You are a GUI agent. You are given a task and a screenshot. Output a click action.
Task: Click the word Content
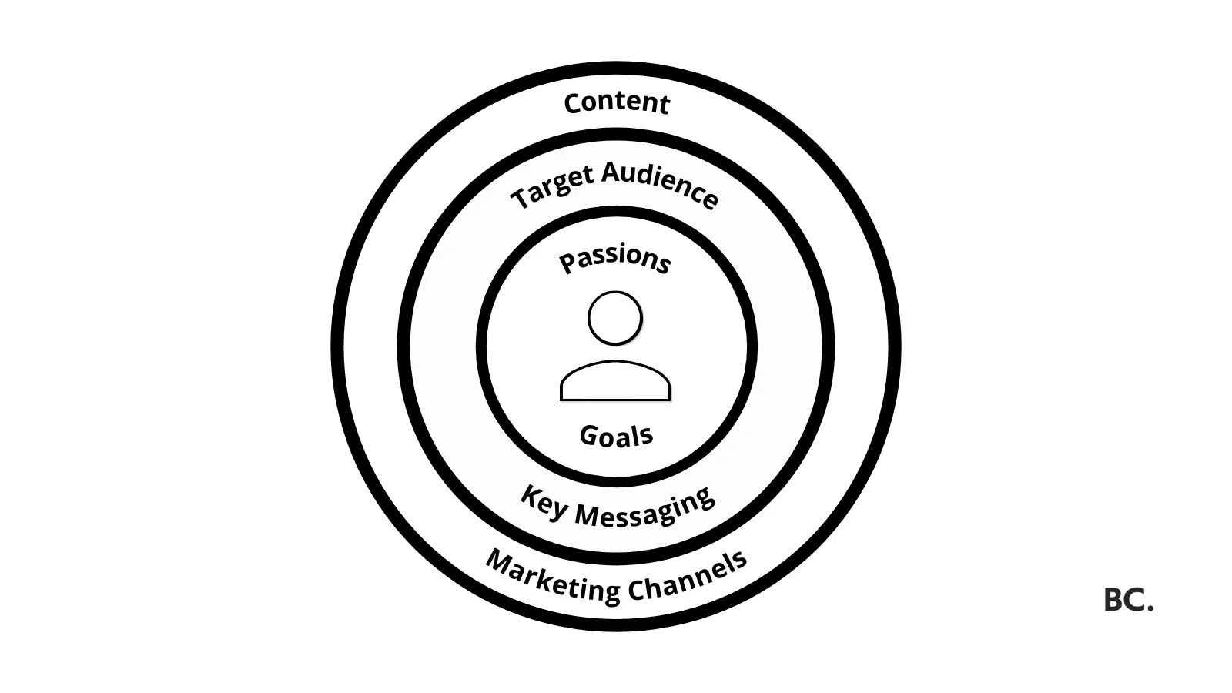tap(617, 103)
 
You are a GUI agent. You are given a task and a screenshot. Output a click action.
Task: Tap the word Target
tap(554, 188)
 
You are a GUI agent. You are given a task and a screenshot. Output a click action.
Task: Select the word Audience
tap(660, 185)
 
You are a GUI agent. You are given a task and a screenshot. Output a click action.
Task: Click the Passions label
tap(615, 259)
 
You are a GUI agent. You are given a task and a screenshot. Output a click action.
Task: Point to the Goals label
tap(617, 436)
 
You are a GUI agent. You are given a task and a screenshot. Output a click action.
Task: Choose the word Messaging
tap(645, 508)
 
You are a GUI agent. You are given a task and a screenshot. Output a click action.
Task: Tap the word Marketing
tap(553, 578)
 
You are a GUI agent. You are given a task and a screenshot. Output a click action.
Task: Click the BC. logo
tap(1129, 600)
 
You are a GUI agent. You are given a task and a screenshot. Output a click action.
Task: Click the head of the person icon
tap(615, 319)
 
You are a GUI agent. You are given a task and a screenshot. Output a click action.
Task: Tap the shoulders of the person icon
tap(615, 380)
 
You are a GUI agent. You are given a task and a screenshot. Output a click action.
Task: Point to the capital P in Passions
tap(567, 263)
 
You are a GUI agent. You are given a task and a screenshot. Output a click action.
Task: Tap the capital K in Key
tap(529, 496)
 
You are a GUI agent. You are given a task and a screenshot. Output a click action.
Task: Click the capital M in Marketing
tap(500, 562)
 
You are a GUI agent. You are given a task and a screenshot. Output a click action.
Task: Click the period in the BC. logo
tap(1150, 608)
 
